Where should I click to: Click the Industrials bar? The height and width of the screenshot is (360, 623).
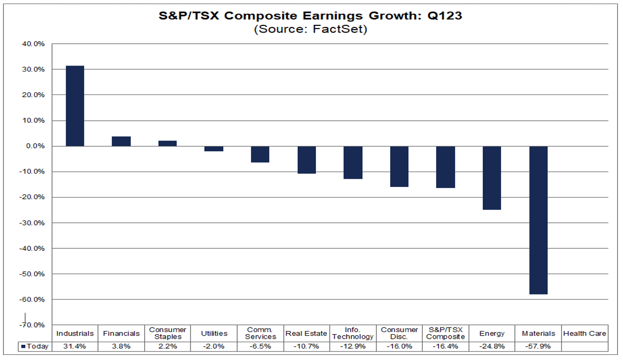(75, 106)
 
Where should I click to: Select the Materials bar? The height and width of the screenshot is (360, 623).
(538, 220)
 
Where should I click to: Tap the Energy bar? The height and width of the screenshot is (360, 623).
(491, 178)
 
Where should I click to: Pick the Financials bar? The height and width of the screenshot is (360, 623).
(121, 141)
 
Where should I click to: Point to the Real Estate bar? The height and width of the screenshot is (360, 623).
(307, 159)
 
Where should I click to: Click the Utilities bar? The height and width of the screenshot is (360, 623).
(214, 148)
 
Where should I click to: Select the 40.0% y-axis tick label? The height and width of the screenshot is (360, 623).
(34, 44)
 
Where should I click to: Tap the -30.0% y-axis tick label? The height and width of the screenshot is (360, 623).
(32, 223)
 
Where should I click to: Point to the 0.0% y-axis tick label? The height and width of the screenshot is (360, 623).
(35, 146)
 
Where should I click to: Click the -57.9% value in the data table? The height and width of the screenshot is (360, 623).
(538, 347)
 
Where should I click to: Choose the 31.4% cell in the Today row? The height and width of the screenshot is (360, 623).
(75, 347)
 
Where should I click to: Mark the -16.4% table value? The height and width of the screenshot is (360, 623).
(445, 347)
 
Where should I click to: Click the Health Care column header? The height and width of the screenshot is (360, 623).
(584, 334)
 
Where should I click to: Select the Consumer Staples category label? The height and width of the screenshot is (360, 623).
(168, 334)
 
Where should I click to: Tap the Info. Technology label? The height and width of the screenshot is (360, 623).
(353, 334)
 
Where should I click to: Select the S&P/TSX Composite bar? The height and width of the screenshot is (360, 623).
(445, 167)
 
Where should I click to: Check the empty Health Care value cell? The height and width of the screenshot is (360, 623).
(584, 347)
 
